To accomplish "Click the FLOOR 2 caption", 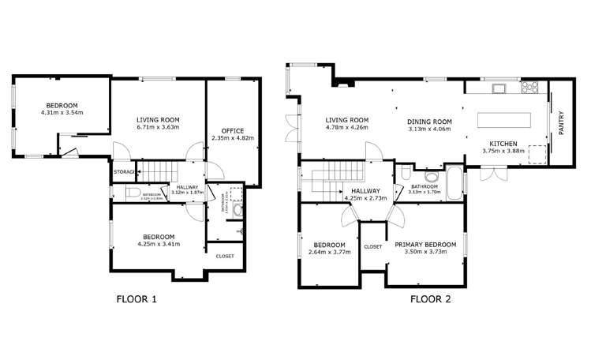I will click(x=430, y=299).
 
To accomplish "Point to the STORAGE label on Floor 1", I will click(x=123, y=171).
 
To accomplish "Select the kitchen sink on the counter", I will click(x=499, y=86).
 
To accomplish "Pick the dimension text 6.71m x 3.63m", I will click(x=158, y=126).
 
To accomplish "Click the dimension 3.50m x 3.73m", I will click(x=425, y=253).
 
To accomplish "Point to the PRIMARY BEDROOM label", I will click(x=425, y=245).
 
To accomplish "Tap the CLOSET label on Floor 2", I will click(x=372, y=246).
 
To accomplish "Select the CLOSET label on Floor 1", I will click(x=225, y=256).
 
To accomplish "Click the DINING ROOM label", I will click(x=429, y=122).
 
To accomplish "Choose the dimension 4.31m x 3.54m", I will click(x=62, y=113).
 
